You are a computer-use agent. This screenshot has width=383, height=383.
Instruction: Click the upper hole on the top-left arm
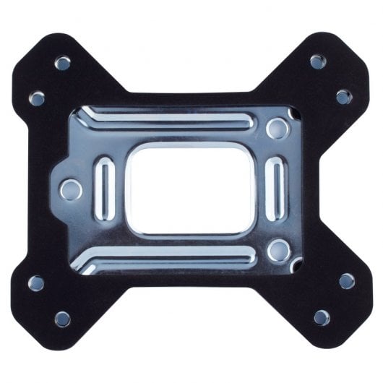[63, 63]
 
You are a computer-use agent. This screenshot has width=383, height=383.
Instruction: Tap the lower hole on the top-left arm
[37, 98]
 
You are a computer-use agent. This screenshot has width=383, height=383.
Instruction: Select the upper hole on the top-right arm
[318, 61]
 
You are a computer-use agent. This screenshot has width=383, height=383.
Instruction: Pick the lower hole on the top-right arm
[344, 96]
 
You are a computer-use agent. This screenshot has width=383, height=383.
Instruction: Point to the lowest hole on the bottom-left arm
[63, 319]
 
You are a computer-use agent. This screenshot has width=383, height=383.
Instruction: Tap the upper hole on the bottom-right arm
[347, 281]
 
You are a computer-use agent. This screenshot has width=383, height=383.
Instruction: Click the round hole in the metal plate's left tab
[71, 190]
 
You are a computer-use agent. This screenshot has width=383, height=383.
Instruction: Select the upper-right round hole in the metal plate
[276, 129]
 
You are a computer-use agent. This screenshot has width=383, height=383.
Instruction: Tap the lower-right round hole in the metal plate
[277, 251]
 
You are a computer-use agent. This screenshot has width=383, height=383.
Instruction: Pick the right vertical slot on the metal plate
[275, 189]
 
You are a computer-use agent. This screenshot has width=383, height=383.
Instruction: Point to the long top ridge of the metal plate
[173, 119]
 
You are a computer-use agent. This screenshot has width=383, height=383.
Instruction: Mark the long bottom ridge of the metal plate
[173, 259]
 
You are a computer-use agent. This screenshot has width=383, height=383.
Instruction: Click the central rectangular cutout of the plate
[191, 189]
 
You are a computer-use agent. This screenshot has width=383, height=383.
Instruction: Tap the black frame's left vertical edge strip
[29, 189]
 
